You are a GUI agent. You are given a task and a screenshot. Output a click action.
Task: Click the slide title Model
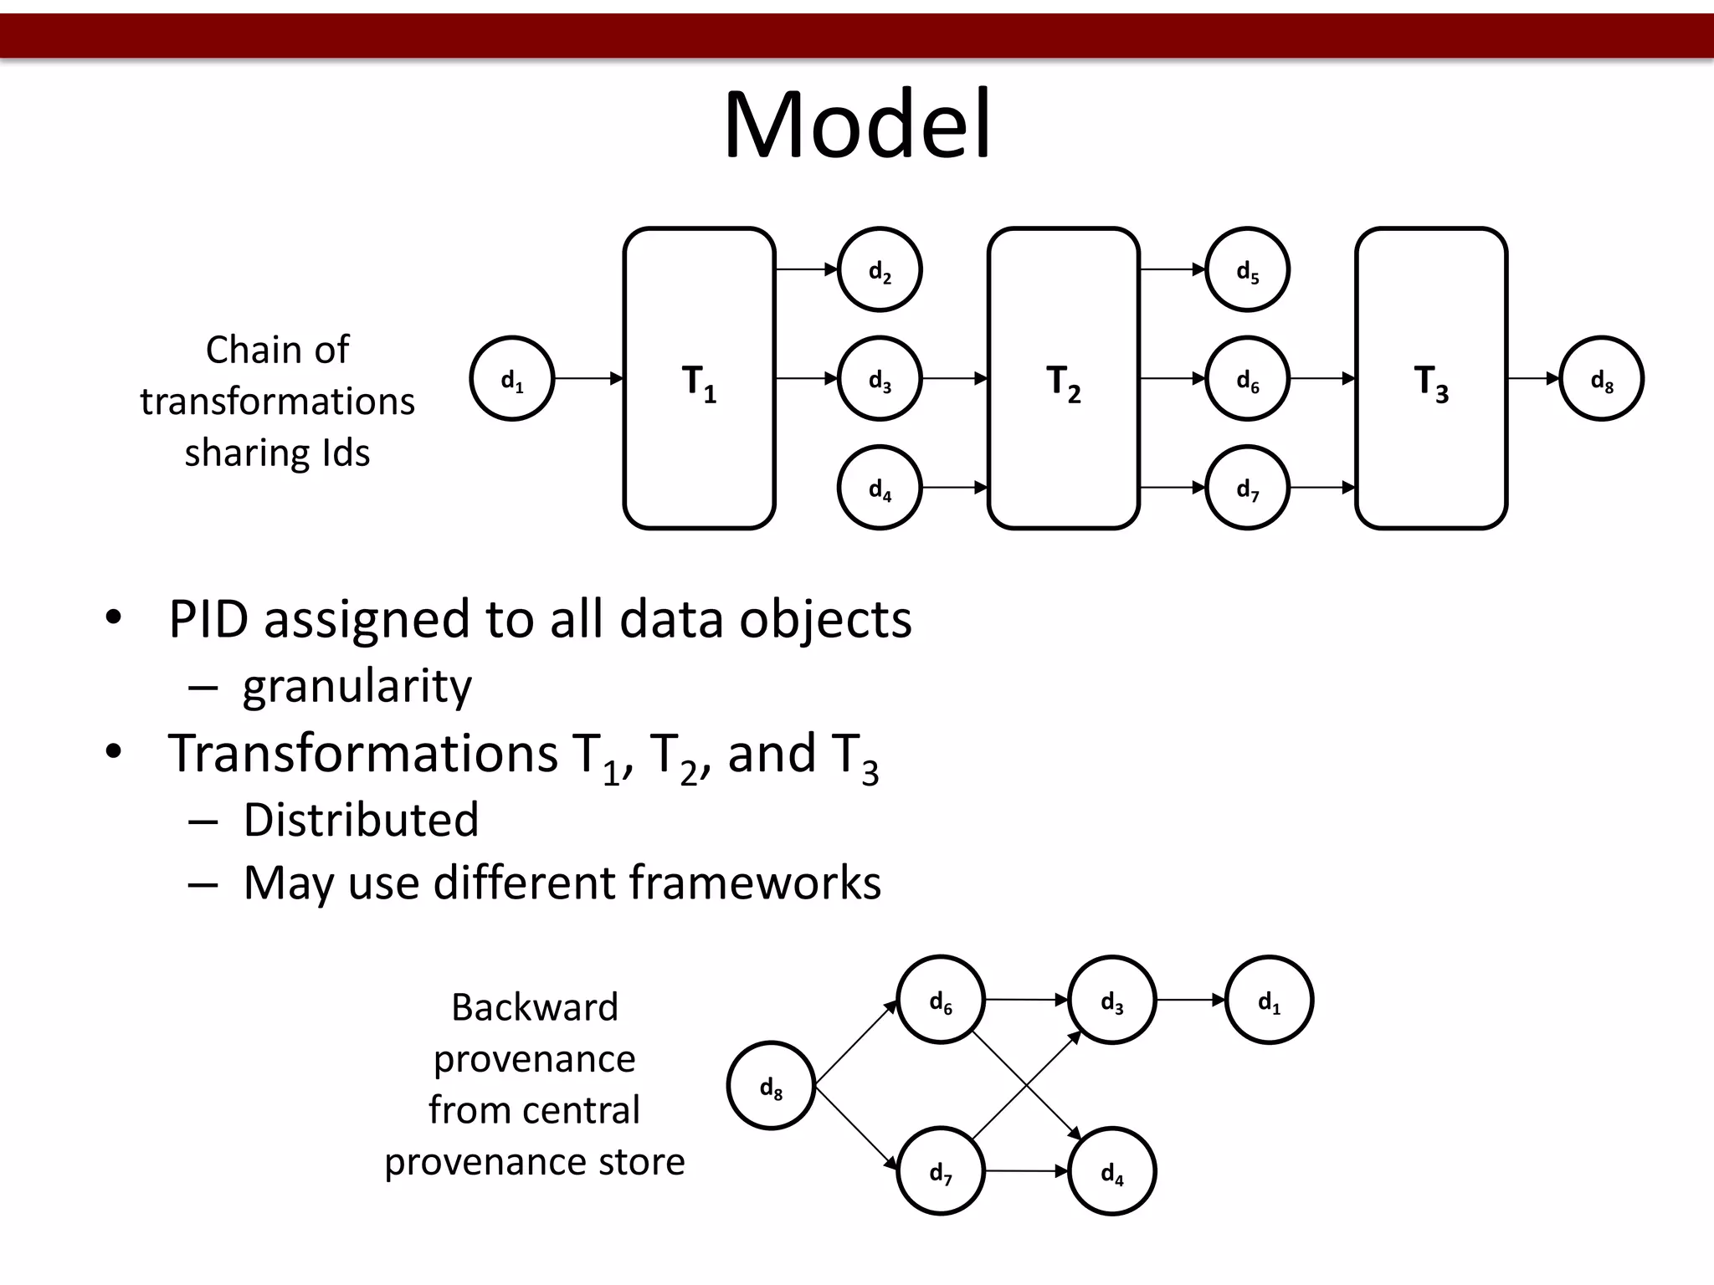tap(857, 125)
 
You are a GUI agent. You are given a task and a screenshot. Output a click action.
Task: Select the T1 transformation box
tap(699, 378)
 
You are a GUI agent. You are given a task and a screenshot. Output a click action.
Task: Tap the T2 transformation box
tap(1063, 378)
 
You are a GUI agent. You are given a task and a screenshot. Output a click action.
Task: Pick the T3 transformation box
tap(1431, 378)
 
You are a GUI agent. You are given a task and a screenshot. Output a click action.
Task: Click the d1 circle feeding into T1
tap(512, 379)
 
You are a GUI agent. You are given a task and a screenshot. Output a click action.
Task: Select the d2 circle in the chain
tap(880, 269)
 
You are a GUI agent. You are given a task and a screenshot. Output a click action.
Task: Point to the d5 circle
tap(1247, 269)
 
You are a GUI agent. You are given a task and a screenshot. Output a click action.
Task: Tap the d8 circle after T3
tap(1602, 379)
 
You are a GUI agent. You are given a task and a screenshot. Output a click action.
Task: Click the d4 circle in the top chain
tap(880, 488)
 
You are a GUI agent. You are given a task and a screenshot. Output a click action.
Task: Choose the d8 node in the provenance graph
tap(771, 1086)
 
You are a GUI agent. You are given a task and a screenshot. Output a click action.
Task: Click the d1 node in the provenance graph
tap(1269, 1000)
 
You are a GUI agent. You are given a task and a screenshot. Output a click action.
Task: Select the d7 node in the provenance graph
tap(941, 1171)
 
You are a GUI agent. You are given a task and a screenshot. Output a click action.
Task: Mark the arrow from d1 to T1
tap(589, 379)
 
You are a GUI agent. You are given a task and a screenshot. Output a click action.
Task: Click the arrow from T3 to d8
tap(1533, 379)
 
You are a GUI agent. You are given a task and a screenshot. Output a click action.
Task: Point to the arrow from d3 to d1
tap(1191, 1000)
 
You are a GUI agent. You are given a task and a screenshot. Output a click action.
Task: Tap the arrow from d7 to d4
tap(1027, 1171)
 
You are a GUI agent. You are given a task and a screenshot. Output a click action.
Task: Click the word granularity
tap(357, 687)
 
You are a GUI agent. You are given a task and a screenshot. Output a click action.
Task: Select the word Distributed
tap(361, 820)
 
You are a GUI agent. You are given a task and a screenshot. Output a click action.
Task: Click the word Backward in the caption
tap(535, 1007)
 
